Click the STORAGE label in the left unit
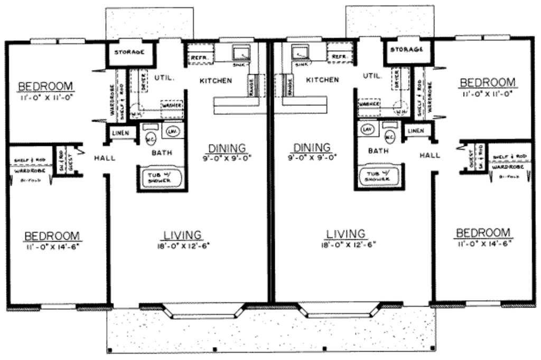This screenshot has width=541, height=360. (126, 52)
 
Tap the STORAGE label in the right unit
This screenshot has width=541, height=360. (406, 50)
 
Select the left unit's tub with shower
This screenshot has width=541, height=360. (159, 177)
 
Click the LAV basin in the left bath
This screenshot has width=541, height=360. (172, 131)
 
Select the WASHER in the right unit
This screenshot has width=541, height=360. (369, 104)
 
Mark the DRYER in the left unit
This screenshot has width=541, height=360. (142, 80)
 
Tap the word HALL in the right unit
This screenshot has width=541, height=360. (430, 155)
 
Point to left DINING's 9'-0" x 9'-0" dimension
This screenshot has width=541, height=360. (227, 156)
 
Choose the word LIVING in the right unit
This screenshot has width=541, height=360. (346, 234)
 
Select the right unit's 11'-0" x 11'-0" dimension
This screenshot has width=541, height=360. (487, 94)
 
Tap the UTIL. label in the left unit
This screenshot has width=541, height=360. (164, 77)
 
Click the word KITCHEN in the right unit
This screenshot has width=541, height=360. (322, 80)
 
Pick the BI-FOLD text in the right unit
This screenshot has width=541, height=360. (507, 177)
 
